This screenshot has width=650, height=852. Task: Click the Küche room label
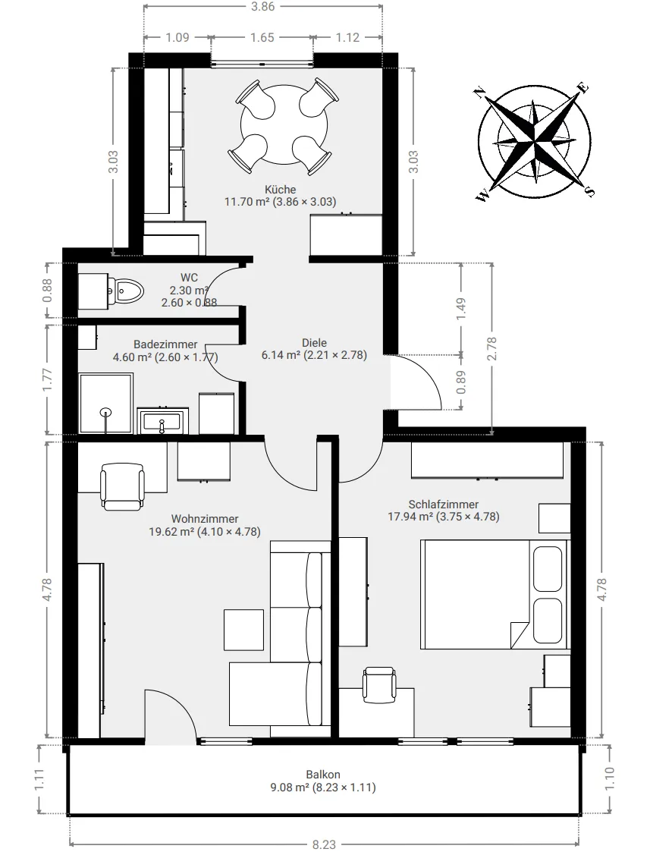click(x=280, y=190)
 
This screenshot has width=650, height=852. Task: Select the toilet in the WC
click(x=127, y=291)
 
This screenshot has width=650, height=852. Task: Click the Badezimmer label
click(x=165, y=344)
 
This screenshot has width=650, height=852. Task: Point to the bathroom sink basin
click(x=162, y=420)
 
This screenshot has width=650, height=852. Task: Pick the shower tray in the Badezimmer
click(x=106, y=403)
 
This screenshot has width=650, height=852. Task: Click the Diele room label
click(x=315, y=343)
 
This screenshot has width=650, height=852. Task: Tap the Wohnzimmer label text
click(x=205, y=519)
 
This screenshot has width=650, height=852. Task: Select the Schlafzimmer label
click(x=444, y=505)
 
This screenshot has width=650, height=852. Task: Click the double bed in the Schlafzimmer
click(x=495, y=594)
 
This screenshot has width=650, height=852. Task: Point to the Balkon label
click(x=323, y=775)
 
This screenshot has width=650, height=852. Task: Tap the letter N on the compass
click(x=479, y=93)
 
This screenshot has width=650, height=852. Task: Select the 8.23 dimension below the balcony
click(x=324, y=844)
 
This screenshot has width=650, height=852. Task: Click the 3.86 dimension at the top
click(x=263, y=7)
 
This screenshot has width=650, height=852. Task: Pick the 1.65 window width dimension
click(x=262, y=37)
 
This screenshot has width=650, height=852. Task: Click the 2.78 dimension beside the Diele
click(x=492, y=349)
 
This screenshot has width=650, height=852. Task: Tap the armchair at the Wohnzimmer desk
click(x=123, y=486)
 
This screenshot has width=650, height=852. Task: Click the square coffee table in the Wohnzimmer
click(x=244, y=629)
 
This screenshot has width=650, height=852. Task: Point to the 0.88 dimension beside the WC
click(x=48, y=290)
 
